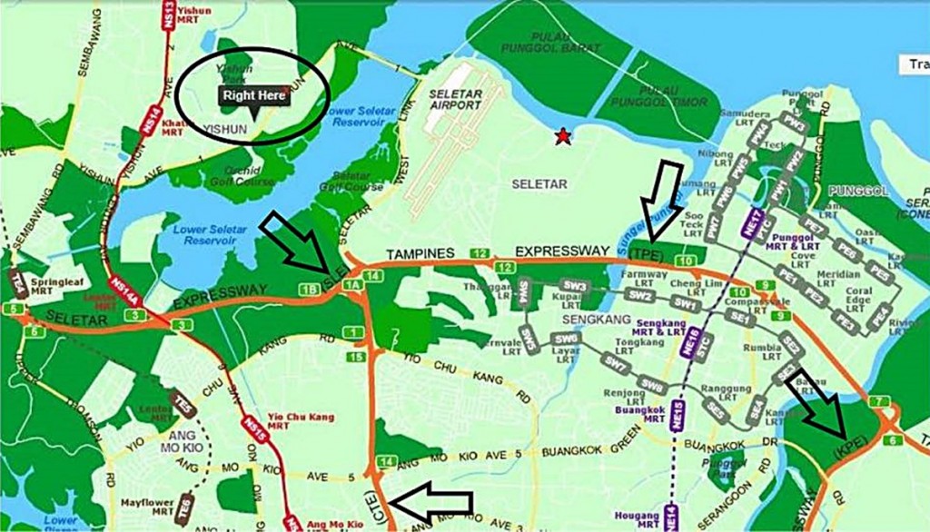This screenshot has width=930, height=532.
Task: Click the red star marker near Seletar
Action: [564, 137]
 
